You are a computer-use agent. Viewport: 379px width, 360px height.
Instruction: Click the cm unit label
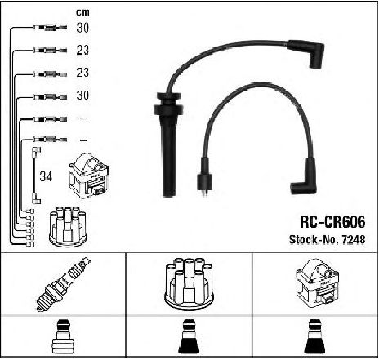(x=82, y=12)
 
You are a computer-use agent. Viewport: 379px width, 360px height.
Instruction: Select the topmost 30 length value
(x=82, y=28)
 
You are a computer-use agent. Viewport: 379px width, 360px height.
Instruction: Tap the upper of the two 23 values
(x=82, y=50)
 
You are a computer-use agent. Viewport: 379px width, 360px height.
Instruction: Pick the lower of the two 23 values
(x=82, y=73)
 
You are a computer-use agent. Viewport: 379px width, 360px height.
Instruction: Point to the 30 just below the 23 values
(x=82, y=96)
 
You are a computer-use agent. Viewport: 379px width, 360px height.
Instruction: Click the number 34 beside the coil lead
(x=46, y=176)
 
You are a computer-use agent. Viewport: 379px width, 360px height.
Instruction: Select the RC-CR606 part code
(x=332, y=222)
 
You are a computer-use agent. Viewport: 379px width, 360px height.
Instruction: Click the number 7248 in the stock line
(x=353, y=239)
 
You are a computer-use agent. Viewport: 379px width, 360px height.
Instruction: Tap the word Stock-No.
(x=314, y=239)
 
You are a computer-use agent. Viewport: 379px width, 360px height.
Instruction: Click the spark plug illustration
(x=63, y=284)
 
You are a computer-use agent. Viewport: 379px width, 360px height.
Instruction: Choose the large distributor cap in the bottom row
(x=189, y=284)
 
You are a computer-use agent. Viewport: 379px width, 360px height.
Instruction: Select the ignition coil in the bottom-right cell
(x=317, y=283)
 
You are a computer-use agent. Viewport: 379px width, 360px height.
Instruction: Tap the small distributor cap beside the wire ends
(x=68, y=227)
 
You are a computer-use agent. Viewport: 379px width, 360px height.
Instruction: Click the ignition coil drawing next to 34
(x=88, y=176)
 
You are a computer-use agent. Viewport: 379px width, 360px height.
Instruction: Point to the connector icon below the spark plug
(x=63, y=336)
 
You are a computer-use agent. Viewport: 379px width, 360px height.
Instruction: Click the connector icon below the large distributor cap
(x=189, y=336)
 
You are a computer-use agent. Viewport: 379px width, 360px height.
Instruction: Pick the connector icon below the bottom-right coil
(x=315, y=336)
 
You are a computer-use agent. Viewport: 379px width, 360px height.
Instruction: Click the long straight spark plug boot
(x=168, y=144)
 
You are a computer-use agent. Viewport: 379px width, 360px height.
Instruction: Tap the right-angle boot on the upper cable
(x=307, y=52)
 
